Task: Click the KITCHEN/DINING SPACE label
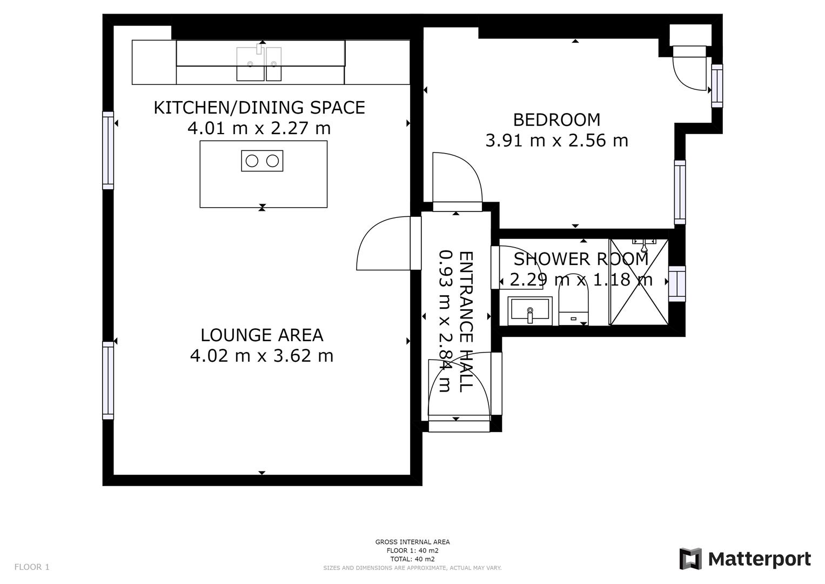(259, 108)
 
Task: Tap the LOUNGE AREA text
(261, 335)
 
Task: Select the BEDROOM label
(556, 120)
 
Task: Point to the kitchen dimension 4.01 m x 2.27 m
(259, 129)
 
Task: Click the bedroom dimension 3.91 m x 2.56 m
(556, 141)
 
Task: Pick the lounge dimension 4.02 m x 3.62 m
(261, 356)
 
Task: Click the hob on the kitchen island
(262, 161)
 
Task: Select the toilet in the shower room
(573, 306)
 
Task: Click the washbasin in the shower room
(530, 310)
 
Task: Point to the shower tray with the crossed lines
(639, 282)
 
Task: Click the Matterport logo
(745, 559)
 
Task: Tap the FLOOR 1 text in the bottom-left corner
(31, 567)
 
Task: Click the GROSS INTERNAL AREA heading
(412, 542)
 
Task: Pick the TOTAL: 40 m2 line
(412, 559)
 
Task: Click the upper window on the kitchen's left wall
(108, 150)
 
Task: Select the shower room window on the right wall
(677, 283)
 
